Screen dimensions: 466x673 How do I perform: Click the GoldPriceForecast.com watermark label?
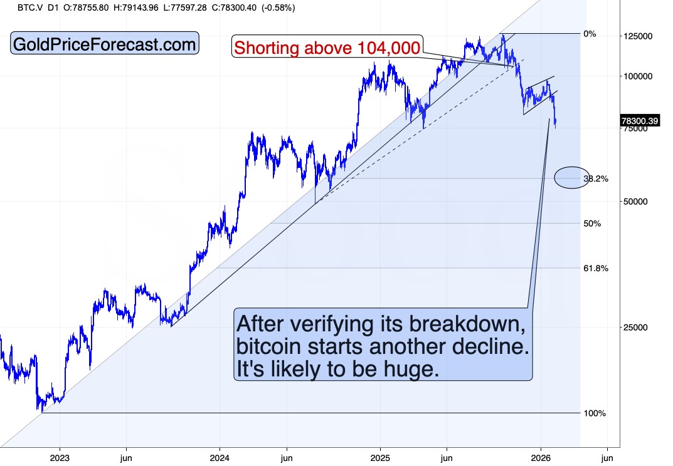[x=105, y=44]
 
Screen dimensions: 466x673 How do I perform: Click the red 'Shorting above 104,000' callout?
[x=327, y=46]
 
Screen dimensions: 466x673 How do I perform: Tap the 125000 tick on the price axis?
[x=639, y=36]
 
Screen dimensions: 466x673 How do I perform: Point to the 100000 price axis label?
[x=639, y=76]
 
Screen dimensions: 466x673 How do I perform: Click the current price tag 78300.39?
[x=640, y=121]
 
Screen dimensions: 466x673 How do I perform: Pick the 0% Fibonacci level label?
[x=590, y=34]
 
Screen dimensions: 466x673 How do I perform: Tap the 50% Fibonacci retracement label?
[x=592, y=224]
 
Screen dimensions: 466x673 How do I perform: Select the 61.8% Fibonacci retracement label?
[x=595, y=268]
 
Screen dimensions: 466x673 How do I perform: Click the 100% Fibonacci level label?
[x=594, y=413]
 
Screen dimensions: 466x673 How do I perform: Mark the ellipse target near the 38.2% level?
[x=571, y=178]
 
